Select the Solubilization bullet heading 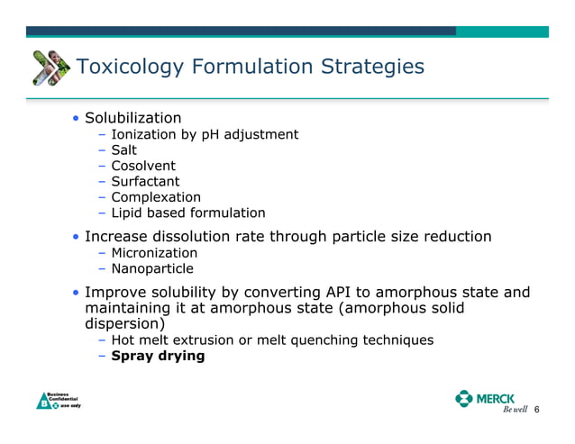pos(132,118)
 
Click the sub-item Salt pos(123,150)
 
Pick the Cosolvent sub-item pos(143,166)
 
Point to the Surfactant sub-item pos(145,181)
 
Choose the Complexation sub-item pos(156,197)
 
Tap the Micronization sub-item pos(154,253)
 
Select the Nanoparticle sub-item pos(151,268)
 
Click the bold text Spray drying pos(158,356)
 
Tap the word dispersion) pos(125,323)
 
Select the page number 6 pos(537,410)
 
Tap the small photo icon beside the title pos(50,67)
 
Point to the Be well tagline pos(514,411)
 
